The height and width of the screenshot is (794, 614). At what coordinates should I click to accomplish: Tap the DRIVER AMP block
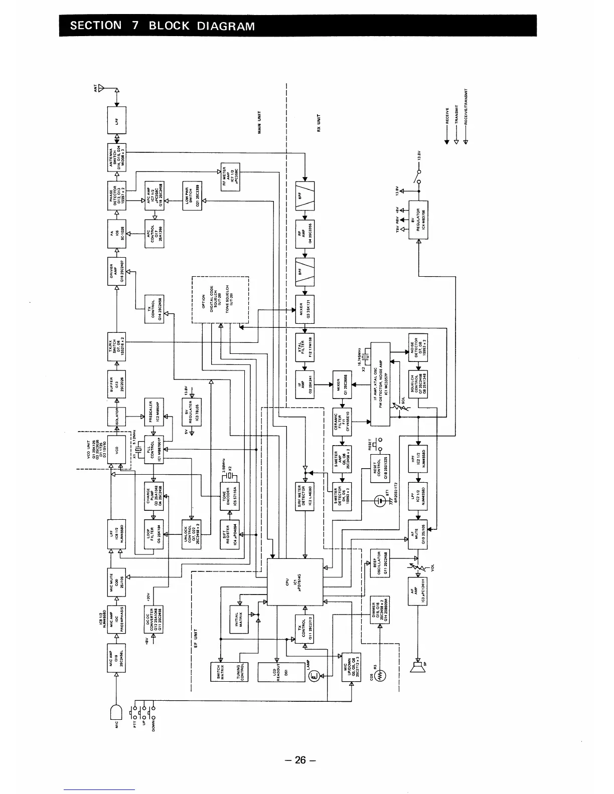[117, 271]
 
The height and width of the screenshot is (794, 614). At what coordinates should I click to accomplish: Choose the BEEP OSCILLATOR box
[380, 563]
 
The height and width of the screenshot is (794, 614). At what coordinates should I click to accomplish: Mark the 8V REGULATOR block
[418, 220]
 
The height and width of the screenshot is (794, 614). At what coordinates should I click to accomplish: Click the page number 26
[300, 760]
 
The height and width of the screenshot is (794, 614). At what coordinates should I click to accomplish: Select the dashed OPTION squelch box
[221, 299]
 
